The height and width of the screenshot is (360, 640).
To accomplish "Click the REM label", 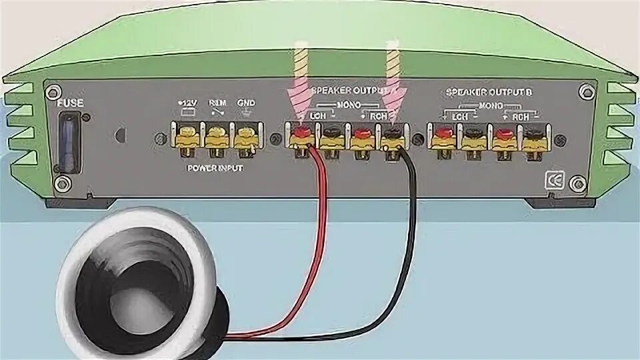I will pos(216,103).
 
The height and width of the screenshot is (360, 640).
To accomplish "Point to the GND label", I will pos(247,103).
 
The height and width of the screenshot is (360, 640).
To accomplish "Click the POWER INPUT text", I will pos(215,169).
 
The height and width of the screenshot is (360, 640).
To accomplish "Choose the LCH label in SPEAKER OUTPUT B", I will pos(460,117).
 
